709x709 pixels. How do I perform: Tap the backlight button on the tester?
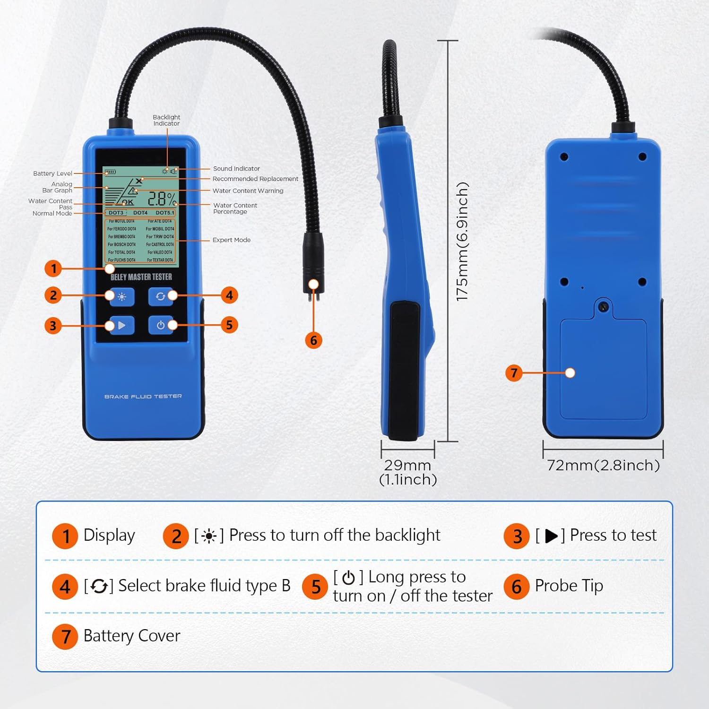coord(122,297)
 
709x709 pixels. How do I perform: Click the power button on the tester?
coord(161,325)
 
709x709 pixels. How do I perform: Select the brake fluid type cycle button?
coord(160,296)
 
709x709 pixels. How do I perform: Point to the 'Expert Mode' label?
coord(231,240)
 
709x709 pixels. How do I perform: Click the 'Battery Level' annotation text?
coord(52,173)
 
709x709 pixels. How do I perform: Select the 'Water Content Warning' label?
coord(248,191)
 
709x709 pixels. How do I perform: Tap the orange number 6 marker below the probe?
coord(313,340)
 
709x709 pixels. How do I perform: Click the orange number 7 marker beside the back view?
coord(514,373)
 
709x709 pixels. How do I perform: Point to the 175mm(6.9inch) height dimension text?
coord(462,241)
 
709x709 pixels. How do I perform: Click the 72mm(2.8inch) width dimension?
coord(603,466)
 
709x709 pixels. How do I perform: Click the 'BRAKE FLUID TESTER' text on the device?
coord(143,397)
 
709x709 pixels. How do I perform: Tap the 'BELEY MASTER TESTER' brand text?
coord(141,277)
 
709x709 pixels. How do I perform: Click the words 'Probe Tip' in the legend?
coord(569,586)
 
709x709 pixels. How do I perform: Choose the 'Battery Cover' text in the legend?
coord(131,636)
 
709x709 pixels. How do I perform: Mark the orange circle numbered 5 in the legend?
coord(315,587)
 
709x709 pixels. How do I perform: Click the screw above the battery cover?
coord(603,307)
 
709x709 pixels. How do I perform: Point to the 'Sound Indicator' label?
coord(236,169)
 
